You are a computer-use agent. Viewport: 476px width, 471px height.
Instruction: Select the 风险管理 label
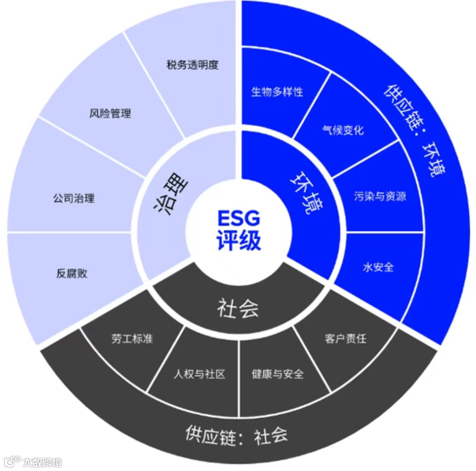tap(110, 114)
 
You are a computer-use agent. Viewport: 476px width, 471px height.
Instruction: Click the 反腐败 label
tap(72, 273)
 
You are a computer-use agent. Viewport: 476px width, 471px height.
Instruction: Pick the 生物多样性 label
tap(277, 92)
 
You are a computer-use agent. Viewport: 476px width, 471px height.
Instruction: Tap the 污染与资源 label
tap(379, 196)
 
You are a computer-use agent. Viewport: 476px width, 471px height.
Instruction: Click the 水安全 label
tap(378, 267)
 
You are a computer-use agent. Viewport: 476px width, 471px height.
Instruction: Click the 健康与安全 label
tap(278, 374)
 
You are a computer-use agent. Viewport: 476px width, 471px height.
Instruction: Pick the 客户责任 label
tap(345, 339)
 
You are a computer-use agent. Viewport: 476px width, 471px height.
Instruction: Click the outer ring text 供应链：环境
tap(414, 128)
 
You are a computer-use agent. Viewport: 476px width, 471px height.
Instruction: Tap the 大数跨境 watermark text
tap(43, 462)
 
